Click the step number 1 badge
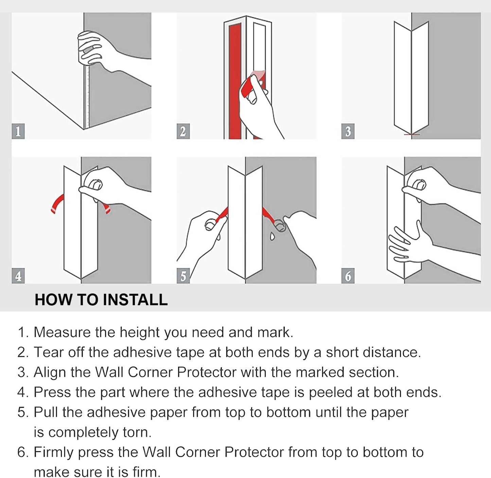18,131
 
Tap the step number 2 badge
183,131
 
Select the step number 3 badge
348,131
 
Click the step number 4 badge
18,276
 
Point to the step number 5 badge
183,276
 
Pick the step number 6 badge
348,276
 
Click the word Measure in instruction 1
62,332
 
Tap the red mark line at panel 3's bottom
412,135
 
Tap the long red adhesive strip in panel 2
235,82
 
